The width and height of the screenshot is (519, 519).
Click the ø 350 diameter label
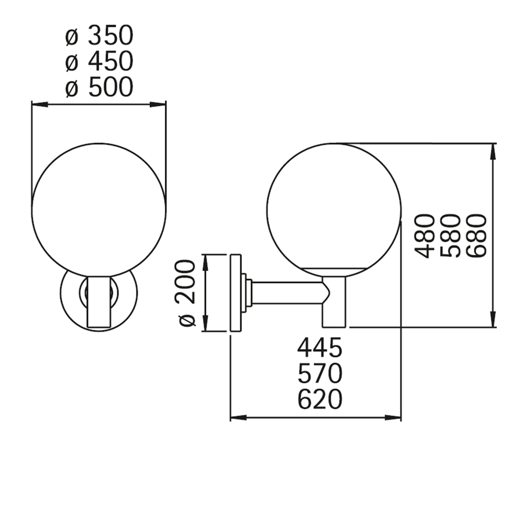(99, 35)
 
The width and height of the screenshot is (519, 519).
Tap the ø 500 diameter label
(99, 87)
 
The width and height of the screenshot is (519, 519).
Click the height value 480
(425, 236)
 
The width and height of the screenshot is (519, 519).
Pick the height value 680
(477, 236)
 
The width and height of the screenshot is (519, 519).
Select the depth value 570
(320, 373)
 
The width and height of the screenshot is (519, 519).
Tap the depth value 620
(320, 400)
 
